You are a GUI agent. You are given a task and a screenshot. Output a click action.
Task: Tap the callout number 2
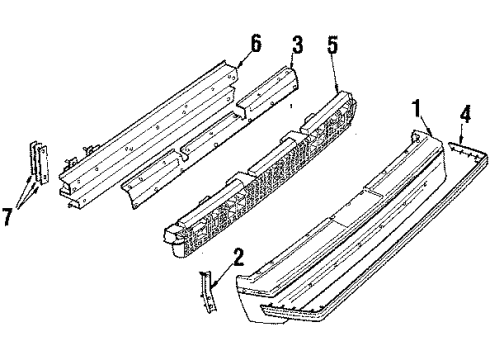tap(237, 259)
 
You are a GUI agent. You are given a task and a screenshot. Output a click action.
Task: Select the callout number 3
tap(298, 46)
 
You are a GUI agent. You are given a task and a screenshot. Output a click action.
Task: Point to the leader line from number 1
tap(424, 123)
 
